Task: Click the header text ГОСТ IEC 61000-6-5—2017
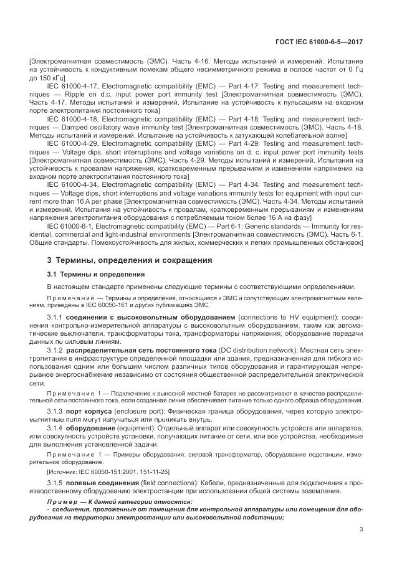coord(319,42)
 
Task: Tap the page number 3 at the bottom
coord(362,530)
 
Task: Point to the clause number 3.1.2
coord(58,351)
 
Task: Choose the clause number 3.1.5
coord(58,483)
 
